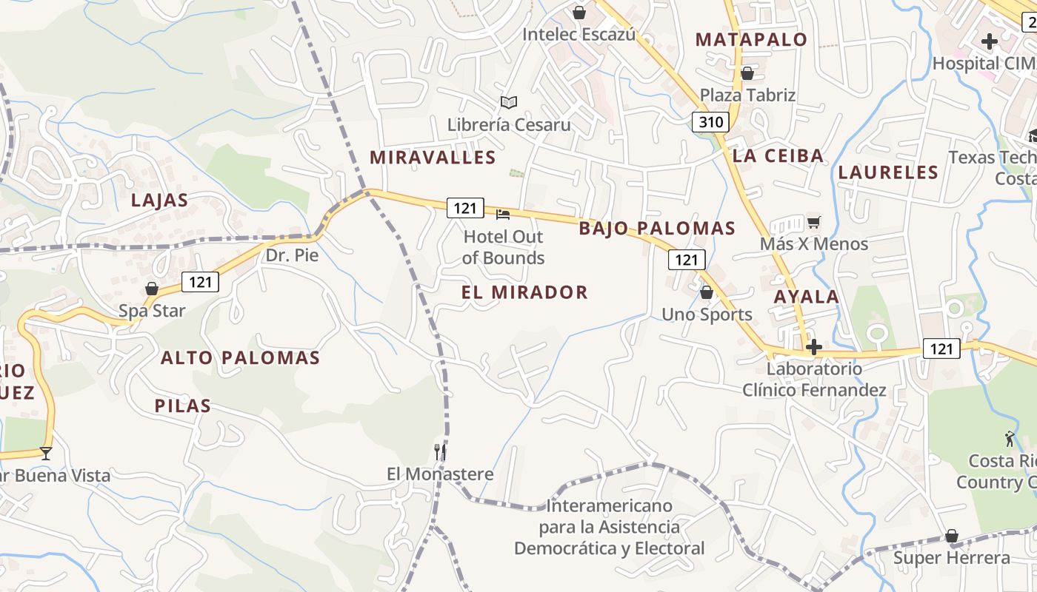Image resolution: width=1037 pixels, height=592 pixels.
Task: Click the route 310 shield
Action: click(710, 122)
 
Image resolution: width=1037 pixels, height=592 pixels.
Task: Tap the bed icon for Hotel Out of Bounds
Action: click(503, 215)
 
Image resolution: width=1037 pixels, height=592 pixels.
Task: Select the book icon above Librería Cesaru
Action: click(508, 102)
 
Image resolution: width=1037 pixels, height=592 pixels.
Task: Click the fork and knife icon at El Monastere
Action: click(440, 451)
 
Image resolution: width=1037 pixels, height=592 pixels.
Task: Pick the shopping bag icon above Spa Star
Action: click(152, 289)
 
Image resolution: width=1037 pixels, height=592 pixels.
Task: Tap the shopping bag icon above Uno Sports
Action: click(707, 292)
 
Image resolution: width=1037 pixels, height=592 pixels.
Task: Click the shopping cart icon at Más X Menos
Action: click(813, 222)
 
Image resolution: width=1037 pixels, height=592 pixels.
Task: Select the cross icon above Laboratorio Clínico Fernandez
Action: click(814, 346)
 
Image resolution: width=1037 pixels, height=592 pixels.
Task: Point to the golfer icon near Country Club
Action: click(1010, 439)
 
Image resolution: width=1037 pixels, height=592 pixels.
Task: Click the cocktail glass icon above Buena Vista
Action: click(46, 453)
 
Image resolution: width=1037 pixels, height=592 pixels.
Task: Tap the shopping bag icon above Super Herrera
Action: click(952, 535)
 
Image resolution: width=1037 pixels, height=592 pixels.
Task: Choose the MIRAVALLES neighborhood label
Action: click(433, 157)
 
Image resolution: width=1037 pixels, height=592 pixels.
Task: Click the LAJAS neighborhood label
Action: click(159, 200)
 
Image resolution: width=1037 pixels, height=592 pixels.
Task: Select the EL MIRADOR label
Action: click(524, 292)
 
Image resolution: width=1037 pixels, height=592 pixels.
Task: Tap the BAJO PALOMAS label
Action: click(657, 228)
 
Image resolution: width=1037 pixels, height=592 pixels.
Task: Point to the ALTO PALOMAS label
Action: click(240, 358)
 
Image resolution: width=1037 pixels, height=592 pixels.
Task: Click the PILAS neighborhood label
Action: click(183, 406)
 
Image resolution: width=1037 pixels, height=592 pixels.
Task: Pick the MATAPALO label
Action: click(751, 40)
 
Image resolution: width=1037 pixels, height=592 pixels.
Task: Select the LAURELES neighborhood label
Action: click(888, 172)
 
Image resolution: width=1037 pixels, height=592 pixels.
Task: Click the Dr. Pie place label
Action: click(292, 255)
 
